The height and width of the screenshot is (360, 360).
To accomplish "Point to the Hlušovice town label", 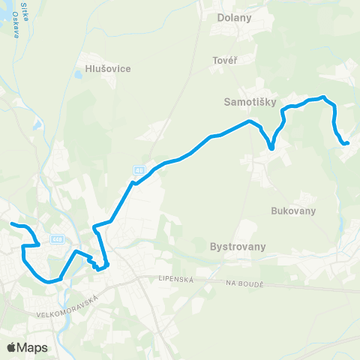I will [103, 69].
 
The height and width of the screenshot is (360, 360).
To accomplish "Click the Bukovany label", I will [289, 211].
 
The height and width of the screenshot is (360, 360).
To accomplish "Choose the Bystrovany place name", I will [240, 245].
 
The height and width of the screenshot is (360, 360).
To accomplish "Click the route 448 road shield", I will [57, 238].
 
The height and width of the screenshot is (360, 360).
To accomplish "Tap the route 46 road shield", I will [139, 169].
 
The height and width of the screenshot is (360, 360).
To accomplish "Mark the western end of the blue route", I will [11, 223].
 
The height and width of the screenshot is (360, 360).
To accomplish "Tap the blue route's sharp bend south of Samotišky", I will [271, 148].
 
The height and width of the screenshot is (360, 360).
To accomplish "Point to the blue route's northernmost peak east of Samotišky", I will [322, 97].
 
